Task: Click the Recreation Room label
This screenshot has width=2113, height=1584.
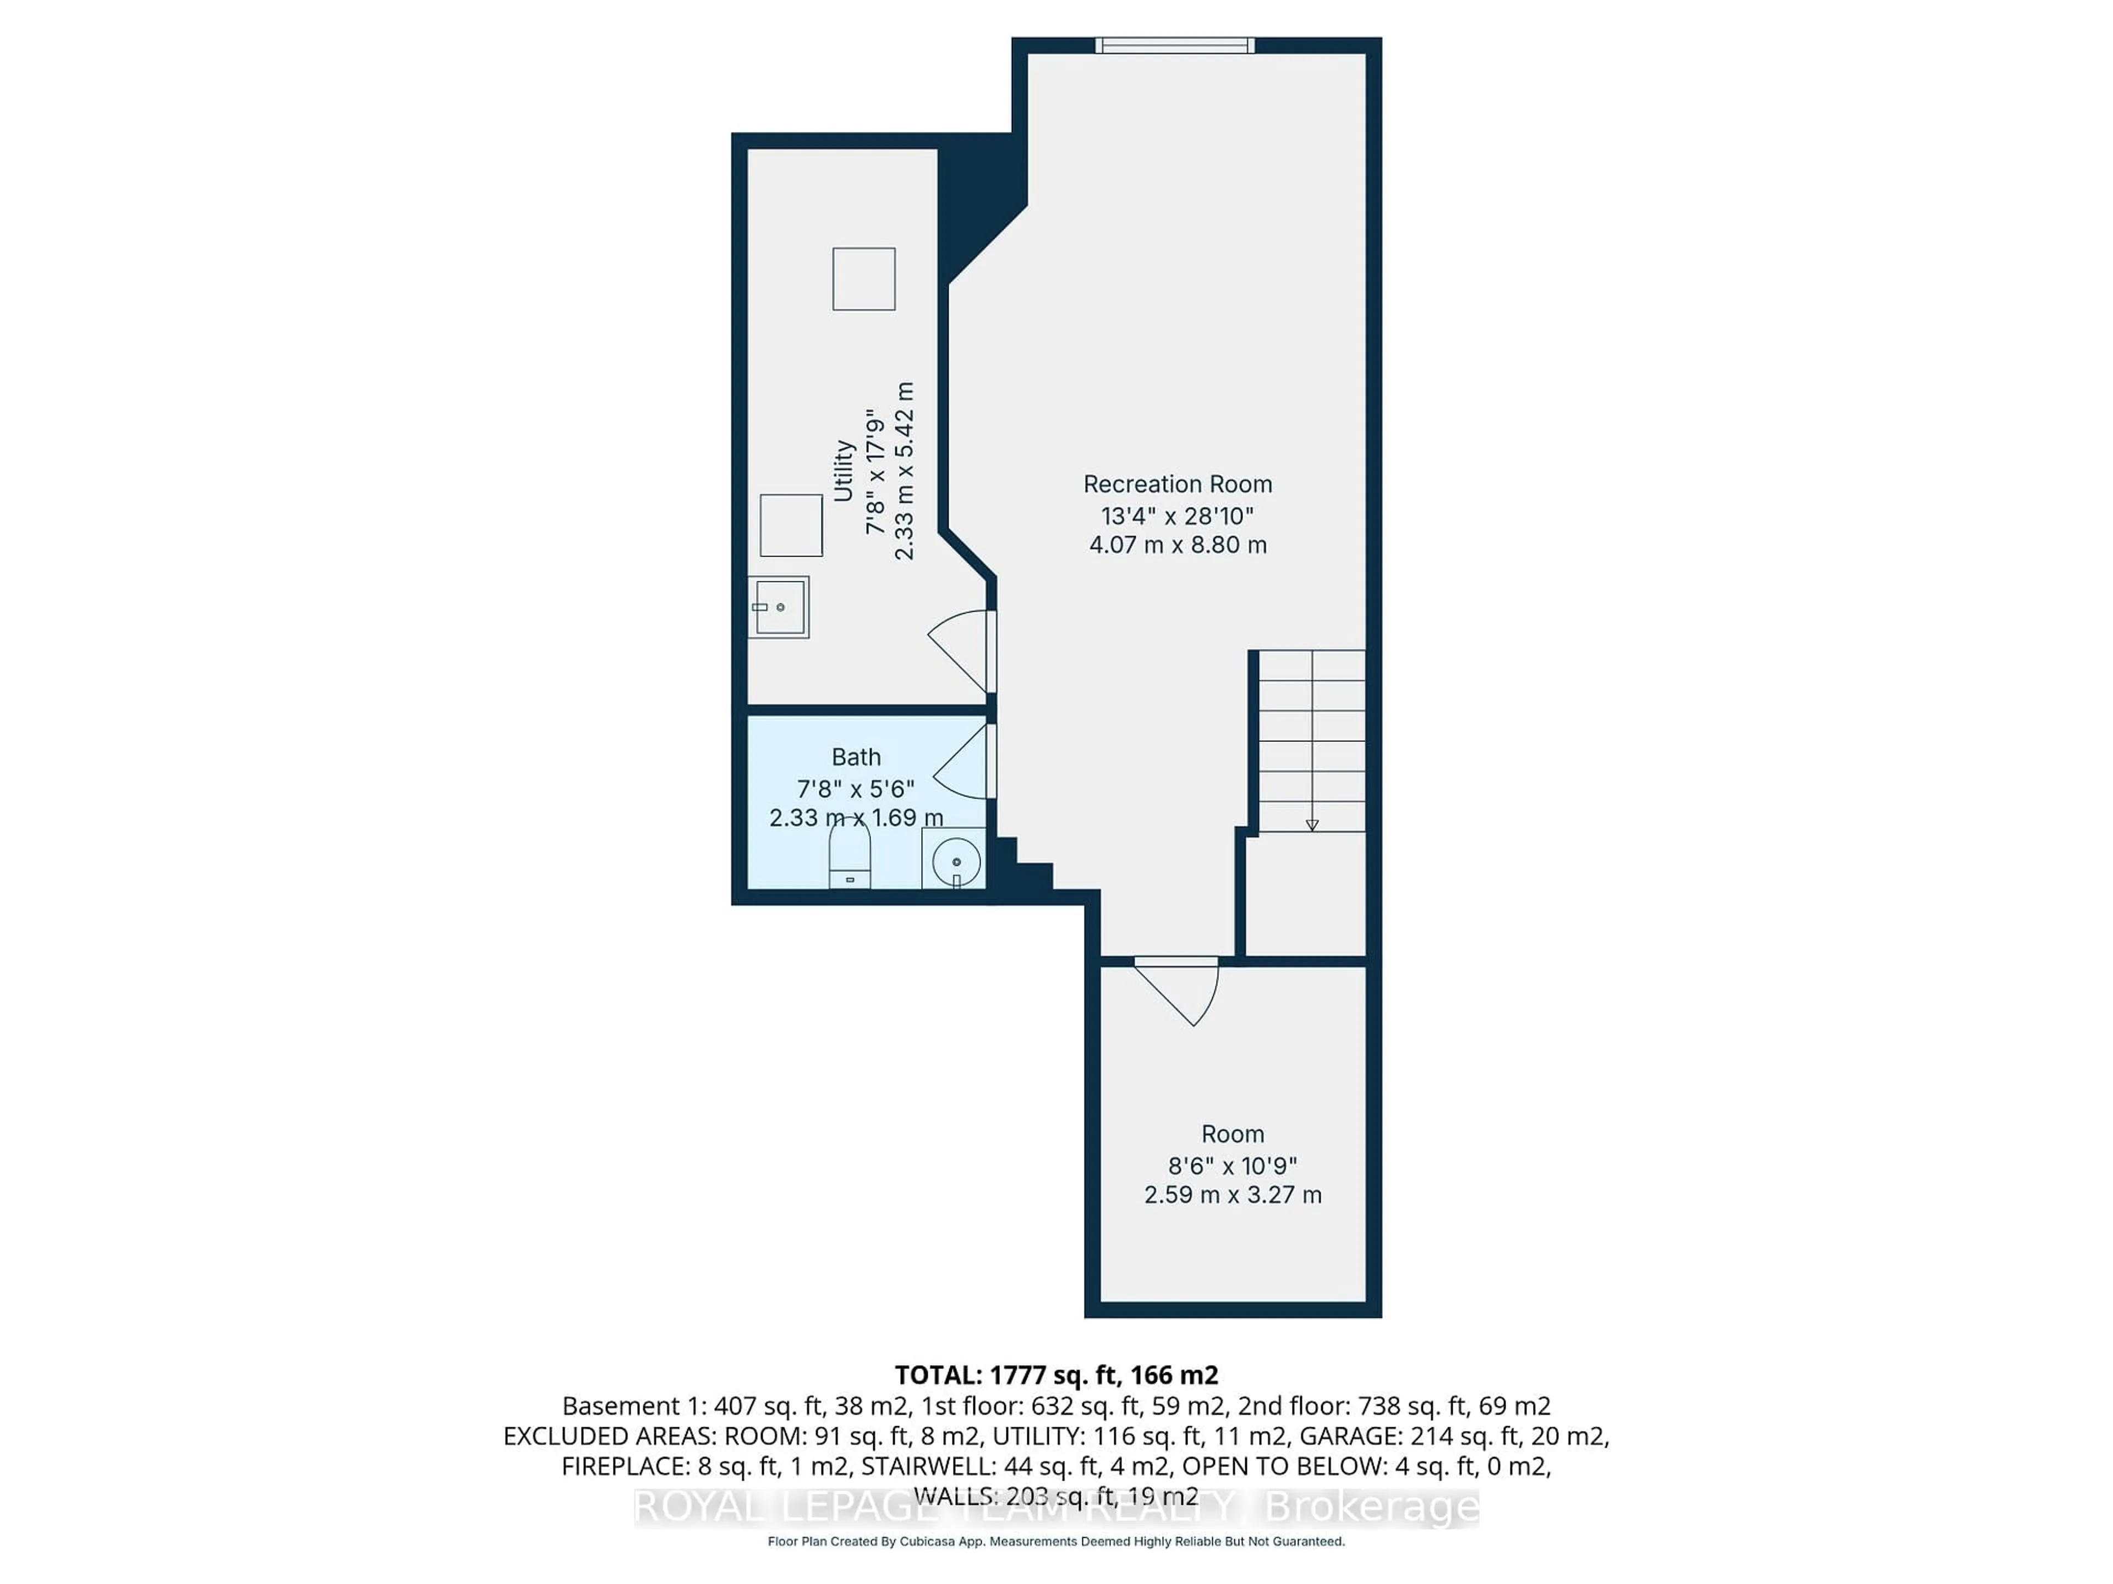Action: [1177, 484]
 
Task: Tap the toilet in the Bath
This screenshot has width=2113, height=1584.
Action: [849, 855]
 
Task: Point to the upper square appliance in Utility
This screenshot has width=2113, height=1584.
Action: [863, 279]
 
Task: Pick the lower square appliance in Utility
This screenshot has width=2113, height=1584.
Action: [791, 525]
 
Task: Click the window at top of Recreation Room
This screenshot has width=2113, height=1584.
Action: [1174, 45]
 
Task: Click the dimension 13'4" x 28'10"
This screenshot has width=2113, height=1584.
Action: [1177, 515]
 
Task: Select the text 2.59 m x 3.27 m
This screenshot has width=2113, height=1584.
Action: [1232, 1195]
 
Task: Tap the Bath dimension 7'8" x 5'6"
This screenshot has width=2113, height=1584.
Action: [856, 789]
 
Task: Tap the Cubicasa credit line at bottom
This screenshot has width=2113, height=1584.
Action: [1055, 1541]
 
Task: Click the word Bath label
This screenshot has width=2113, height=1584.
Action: [856, 757]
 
